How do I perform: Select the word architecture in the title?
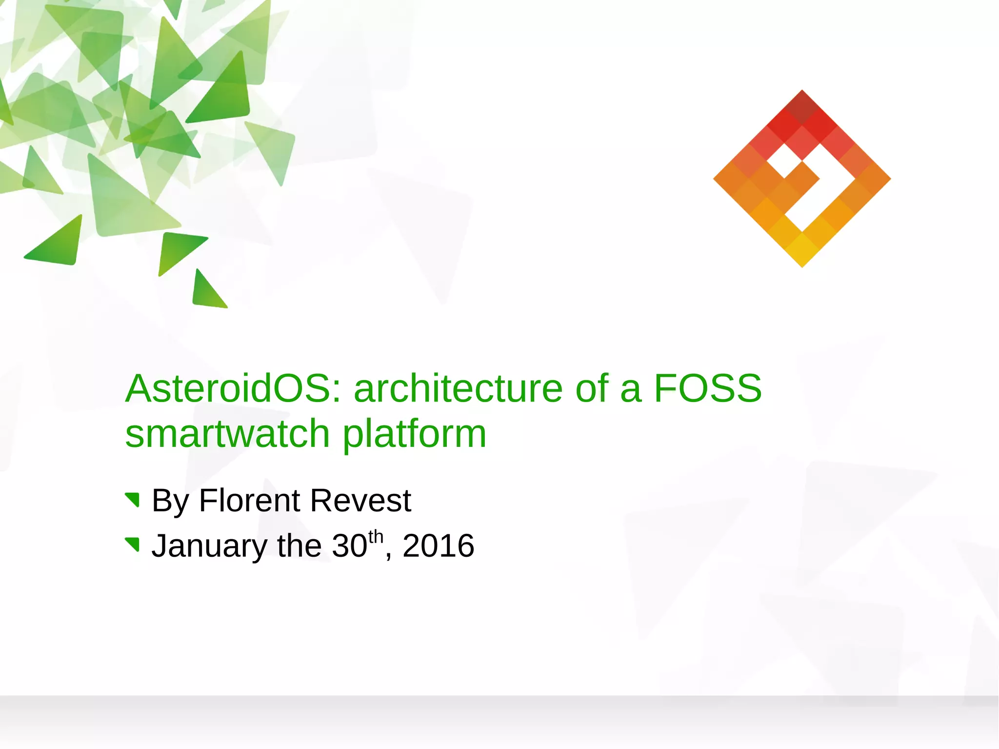458,388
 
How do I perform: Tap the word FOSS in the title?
707,388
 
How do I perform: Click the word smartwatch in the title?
227,434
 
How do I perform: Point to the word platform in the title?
414,434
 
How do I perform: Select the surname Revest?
360,501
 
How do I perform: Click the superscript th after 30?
376,536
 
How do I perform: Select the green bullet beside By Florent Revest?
133,500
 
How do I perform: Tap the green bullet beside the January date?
133,545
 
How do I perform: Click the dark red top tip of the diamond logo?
802,102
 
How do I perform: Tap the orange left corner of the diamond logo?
727,179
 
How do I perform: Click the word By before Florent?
170,501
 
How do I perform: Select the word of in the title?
591,388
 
